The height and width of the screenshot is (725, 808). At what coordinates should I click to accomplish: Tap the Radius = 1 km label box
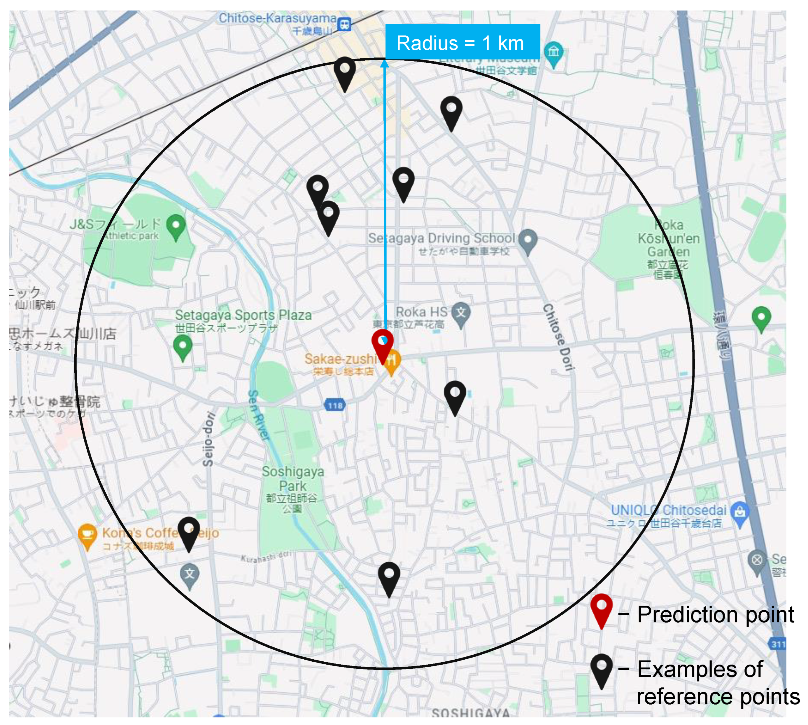tap(462, 43)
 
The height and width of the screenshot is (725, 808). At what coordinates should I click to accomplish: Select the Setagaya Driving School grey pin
tap(528, 240)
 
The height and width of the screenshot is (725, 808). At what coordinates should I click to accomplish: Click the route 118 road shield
tap(335, 405)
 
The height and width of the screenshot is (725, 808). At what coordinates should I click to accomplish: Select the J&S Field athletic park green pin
tap(176, 226)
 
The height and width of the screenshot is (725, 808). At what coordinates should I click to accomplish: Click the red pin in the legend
tap(601, 609)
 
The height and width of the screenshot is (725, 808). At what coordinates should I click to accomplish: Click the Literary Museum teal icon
tap(554, 52)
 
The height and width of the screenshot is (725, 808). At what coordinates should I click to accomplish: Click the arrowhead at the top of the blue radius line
tap(384, 64)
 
